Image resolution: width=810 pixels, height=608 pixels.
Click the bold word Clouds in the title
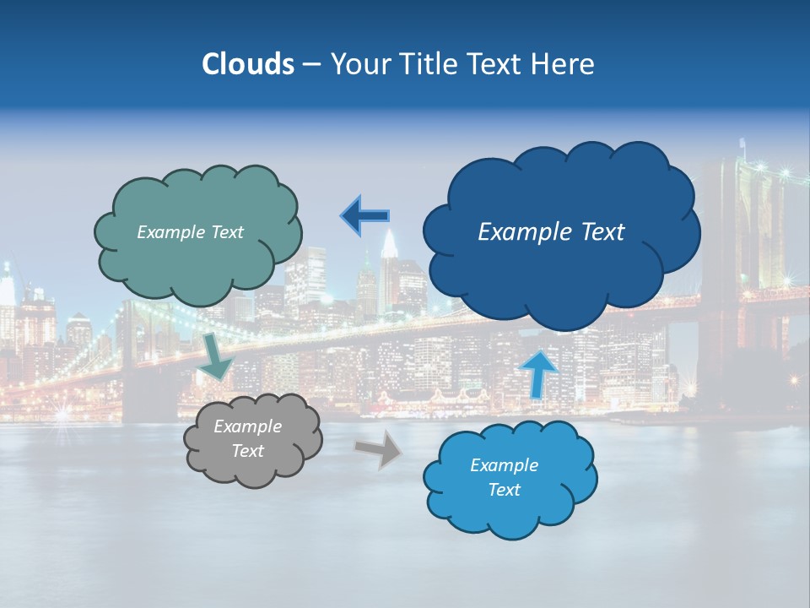pyautogui.click(x=248, y=64)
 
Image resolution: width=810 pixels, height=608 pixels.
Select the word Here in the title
pyautogui.click(x=564, y=64)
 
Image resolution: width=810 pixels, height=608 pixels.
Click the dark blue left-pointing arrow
pyautogui.click(x=364, y=216)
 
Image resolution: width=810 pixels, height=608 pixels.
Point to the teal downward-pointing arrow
pyautogui.click(x=218, y=356)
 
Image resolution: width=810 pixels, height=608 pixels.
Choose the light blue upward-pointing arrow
pyautogui.click(x=539, y=372)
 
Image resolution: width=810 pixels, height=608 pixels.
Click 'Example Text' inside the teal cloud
pyautogui.click(x=190, y=232)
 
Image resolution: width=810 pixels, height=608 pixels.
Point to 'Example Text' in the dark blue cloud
pyautogui.click(x=551, y=231)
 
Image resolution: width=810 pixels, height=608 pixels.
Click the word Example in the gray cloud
pyautogui.click(x=247, y=426)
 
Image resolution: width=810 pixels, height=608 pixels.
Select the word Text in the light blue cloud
pyautogui.click(x=504, y=490)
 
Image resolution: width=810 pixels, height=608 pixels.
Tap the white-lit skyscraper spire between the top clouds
pyautogui.click(x=388, y=245)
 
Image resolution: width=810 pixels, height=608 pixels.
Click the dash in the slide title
pyautogui.click(x=310, y=64)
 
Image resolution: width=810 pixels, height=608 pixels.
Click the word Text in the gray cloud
pyautogui.click(x=247, y=451)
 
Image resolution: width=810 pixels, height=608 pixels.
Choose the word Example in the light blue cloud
pyautogui.click(x=504, y=465)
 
